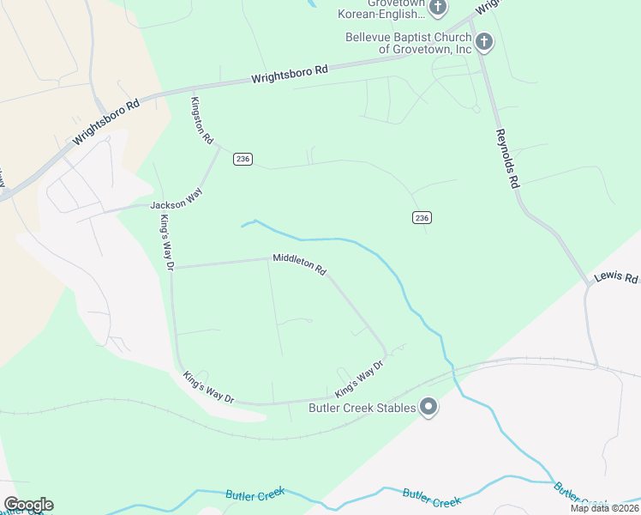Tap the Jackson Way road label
pos(176,203)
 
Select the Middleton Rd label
pos(299,263)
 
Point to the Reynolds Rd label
pos(507,158)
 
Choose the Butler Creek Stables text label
pos(362,408)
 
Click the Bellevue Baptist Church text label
pos(408,43)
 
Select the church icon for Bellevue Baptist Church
pos(483,41)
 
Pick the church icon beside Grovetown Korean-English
pos(438,9)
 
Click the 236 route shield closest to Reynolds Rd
pos(421,218)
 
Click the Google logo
pos(28,505)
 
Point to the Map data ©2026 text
pos(604,508)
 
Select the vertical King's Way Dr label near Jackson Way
pos(166,243)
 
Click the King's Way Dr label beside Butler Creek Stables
pos(358,379)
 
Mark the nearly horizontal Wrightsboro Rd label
pos(290,76)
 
